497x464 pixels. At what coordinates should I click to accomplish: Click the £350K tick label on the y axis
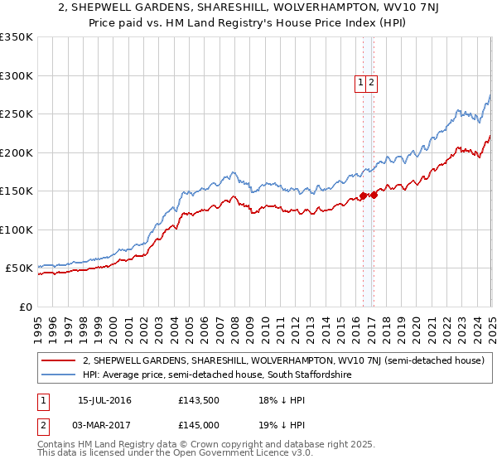[16, 37]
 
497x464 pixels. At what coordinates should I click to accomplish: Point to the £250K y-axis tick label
[16, 114]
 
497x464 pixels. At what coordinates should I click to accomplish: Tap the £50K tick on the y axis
[19, 268]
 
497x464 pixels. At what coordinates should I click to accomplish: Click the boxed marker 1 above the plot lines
[361, 82]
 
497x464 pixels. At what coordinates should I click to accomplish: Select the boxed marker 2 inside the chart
[372, 82]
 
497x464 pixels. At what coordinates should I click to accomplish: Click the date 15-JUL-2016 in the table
[104, 401]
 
